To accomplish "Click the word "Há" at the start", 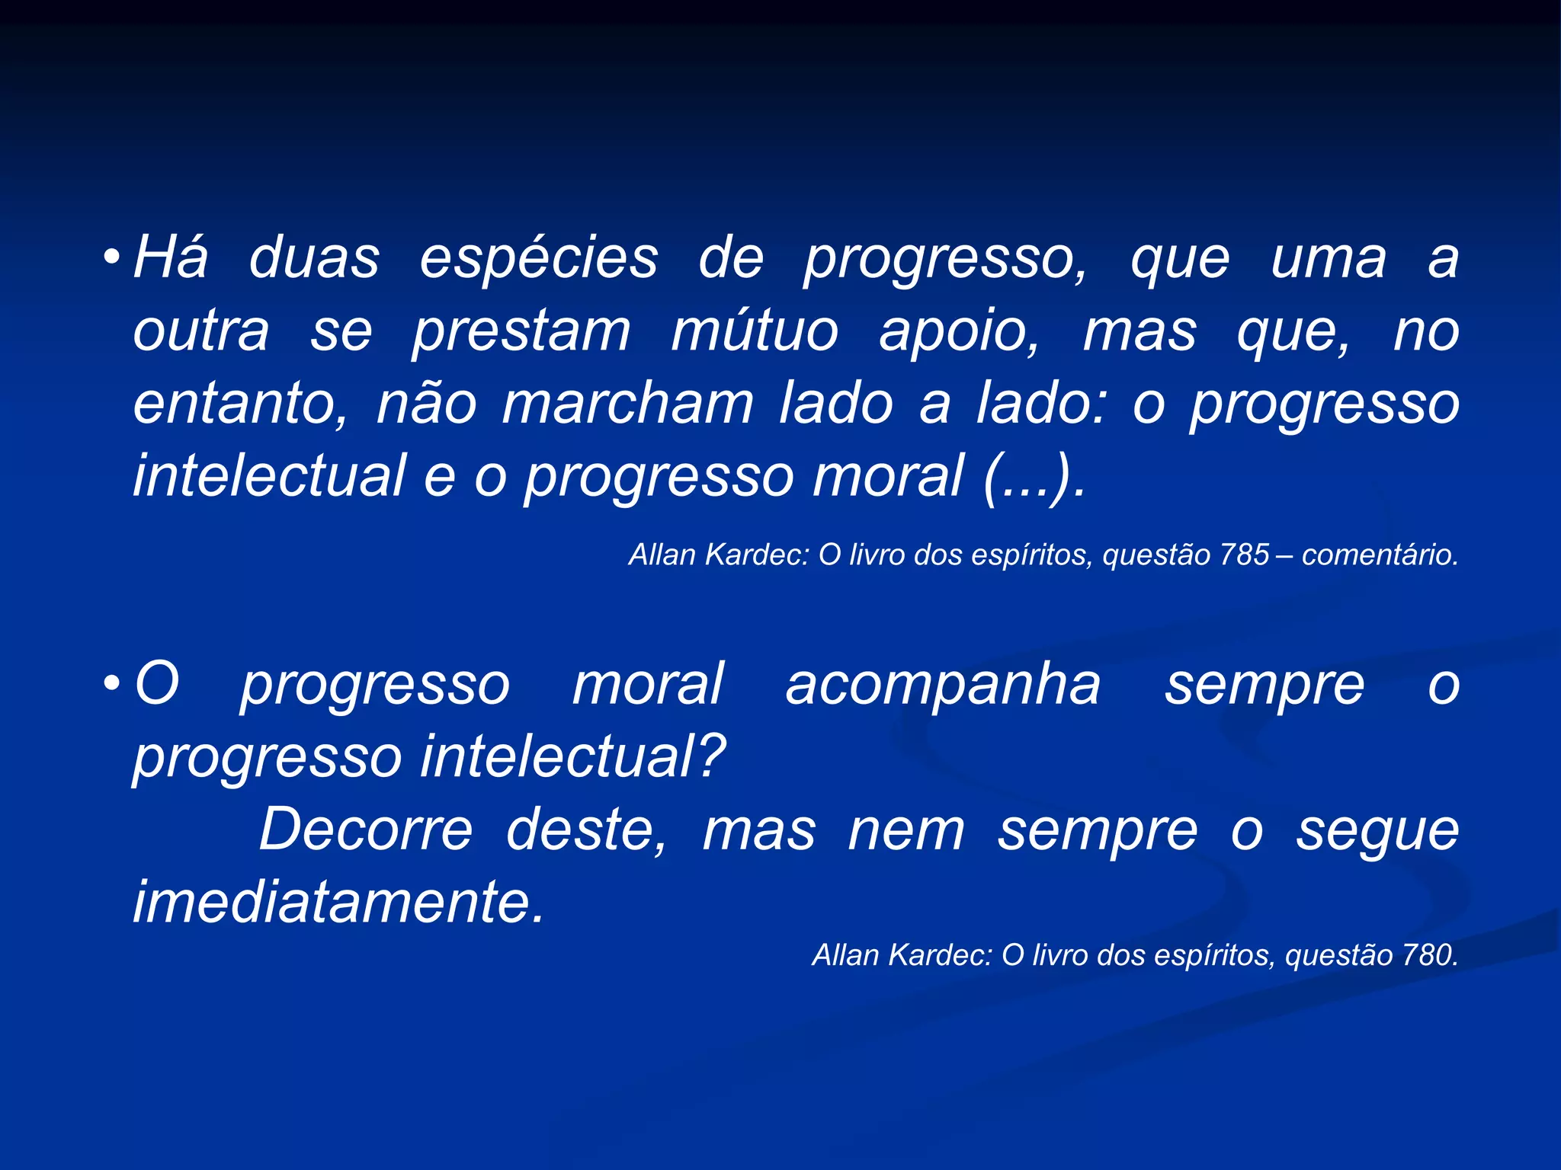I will [x=170, y=257].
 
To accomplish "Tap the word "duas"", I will [x=314, y=257].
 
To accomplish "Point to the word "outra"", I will [x=201, y=331].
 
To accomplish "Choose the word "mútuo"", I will [x=755, y=331].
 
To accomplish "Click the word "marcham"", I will [x=627, y=404].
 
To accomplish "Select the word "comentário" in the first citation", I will [x=1379, y=555].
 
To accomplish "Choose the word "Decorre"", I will [x=366, y=830].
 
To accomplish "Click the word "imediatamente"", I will [x=338, y=902].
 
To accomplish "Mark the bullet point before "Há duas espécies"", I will [x=112, y=258].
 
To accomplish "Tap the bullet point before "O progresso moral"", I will [x=112, y=683].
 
